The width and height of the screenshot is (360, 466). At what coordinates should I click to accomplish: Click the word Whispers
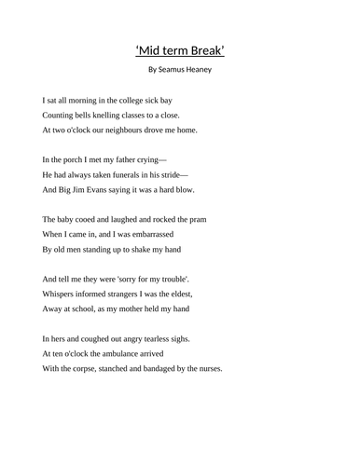click(x=62, y=294)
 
